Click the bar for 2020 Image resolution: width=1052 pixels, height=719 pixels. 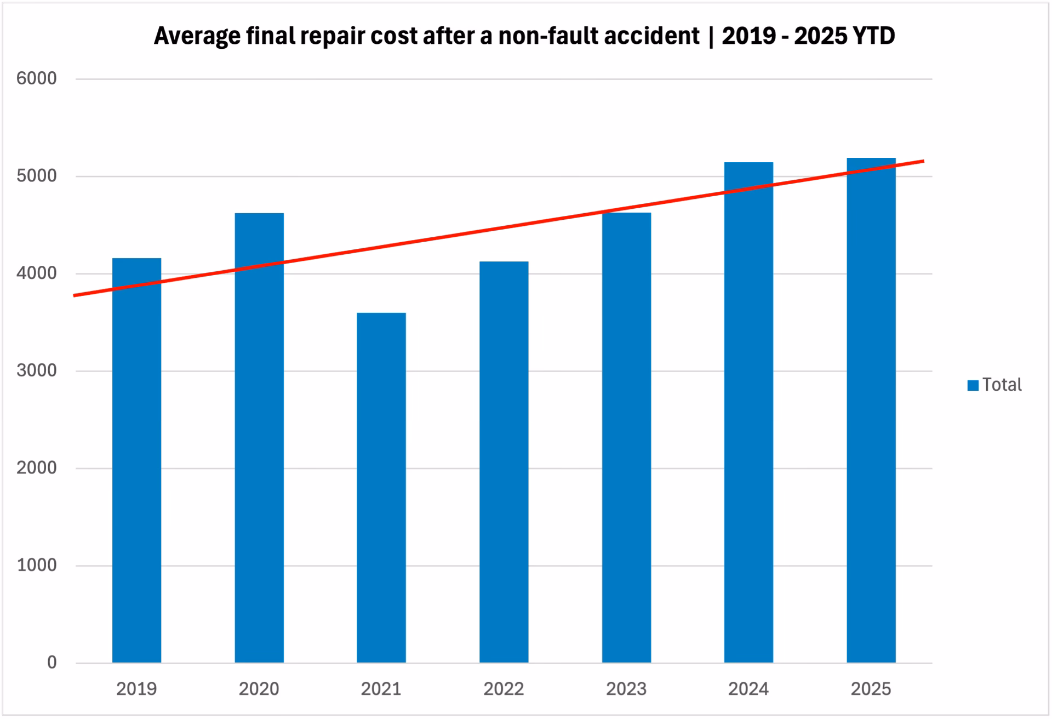pos(259,438)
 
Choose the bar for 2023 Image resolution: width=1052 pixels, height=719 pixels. pos(626,438)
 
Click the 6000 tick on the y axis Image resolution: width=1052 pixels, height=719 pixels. pos(36,78)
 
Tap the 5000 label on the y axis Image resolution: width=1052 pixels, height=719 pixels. pos(36,176)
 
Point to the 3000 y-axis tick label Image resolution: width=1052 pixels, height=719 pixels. pos(36,370)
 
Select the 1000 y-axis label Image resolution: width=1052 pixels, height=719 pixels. pos(36,565)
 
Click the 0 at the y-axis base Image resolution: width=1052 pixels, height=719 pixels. pos(52,663)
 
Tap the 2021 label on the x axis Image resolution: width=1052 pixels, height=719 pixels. pos(381,689)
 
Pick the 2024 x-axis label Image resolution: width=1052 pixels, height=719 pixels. pos(748,689)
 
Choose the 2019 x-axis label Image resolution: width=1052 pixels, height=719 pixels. pos(136,689)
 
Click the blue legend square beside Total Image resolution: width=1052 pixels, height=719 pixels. pos(973,385)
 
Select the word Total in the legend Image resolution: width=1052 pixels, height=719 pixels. pos(1002,385)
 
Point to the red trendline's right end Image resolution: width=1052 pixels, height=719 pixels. pos(923,161)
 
